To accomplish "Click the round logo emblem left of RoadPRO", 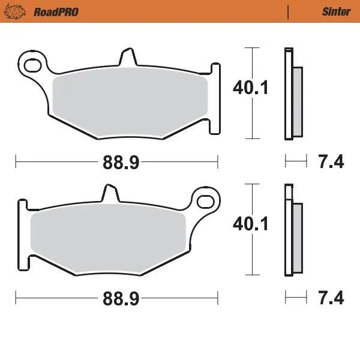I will click(x=21, y=11).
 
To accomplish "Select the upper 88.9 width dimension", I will click(x=117, y=161).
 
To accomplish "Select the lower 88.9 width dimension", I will click(x=117, y=298).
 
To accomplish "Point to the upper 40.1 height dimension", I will click(x=251, y=89).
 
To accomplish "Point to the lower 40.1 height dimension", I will click(x=251, y=224).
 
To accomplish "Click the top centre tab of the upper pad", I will click(x=127, y=58).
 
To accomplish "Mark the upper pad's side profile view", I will click(x=292, y=94).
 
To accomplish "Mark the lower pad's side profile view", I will click(x=292, y=230).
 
